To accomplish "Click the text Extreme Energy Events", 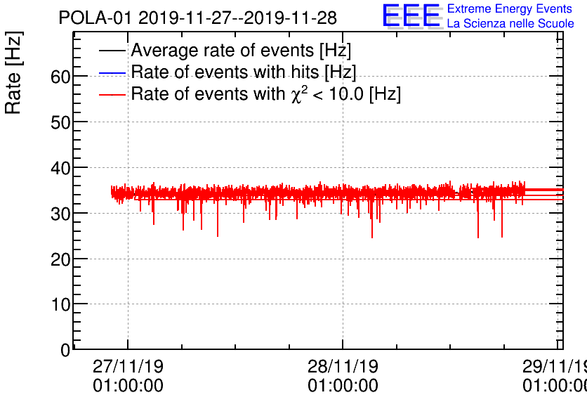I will (509, 9).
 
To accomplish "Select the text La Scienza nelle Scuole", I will (510, 24).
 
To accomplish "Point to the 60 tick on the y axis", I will (60, 76).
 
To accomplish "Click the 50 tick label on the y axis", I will (60, 122).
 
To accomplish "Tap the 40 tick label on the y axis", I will (60, 168).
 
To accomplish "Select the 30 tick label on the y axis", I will (60, 214).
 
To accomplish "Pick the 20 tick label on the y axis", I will (60, 259).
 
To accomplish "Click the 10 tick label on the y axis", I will (60, 305).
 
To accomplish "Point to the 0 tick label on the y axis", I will (65, 350).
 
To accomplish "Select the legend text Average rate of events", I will (241, 51).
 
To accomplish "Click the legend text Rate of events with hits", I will (244, 72).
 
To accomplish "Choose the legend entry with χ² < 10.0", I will (265, 94).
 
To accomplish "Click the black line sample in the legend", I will (112, 51).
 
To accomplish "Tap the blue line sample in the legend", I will (112, 73).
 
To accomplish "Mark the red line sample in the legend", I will (112, 95).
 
